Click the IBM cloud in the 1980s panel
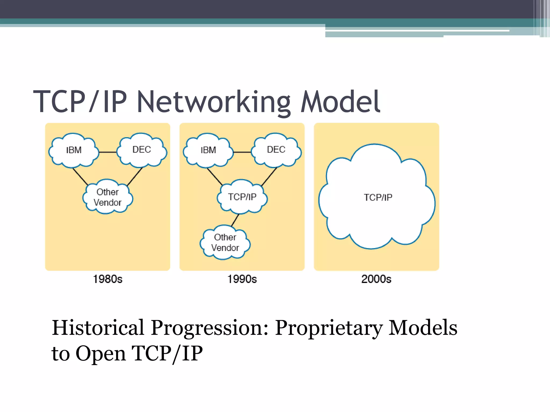pyautogui.click(x=74, y=150)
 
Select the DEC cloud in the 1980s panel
pyautogui.click(x=142, y=150)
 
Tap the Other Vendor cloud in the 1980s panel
pyautogui.click(x=107, y=197)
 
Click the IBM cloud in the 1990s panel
pyautogui.click(x=208, y=150)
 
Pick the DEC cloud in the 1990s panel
pyautogui.click(x=276, y=150)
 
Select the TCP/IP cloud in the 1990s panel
pyautogui.click(x=242, y=197)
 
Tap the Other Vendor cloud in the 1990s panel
pyautogui.click(x=225, y=242)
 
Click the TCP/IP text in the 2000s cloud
pyautogui.click(x=378, y=197)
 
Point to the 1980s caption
pyautogui.click(x=107, y=279)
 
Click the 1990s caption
pyautogui.click(x=242, y=279)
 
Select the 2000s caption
pyautogui.click(x=376, y=279)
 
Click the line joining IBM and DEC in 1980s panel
pyautogui.click(x=108, y=152)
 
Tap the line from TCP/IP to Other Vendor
pyautogui.click(x=235, y=220)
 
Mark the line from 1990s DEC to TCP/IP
pyautogui.click(x=269, y=176)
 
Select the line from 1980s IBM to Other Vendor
pyautogui.click(x=80, y=176)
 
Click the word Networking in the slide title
pyautogui.click(x=214, y=102)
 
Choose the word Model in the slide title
pyautogui.click(x=340, y=102)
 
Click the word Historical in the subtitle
pyautogui.click(x=98, y=328)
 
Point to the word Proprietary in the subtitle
pyautogui.click(x=329, y=328)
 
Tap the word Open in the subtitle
pyautogui.click(x=101, y=354)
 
